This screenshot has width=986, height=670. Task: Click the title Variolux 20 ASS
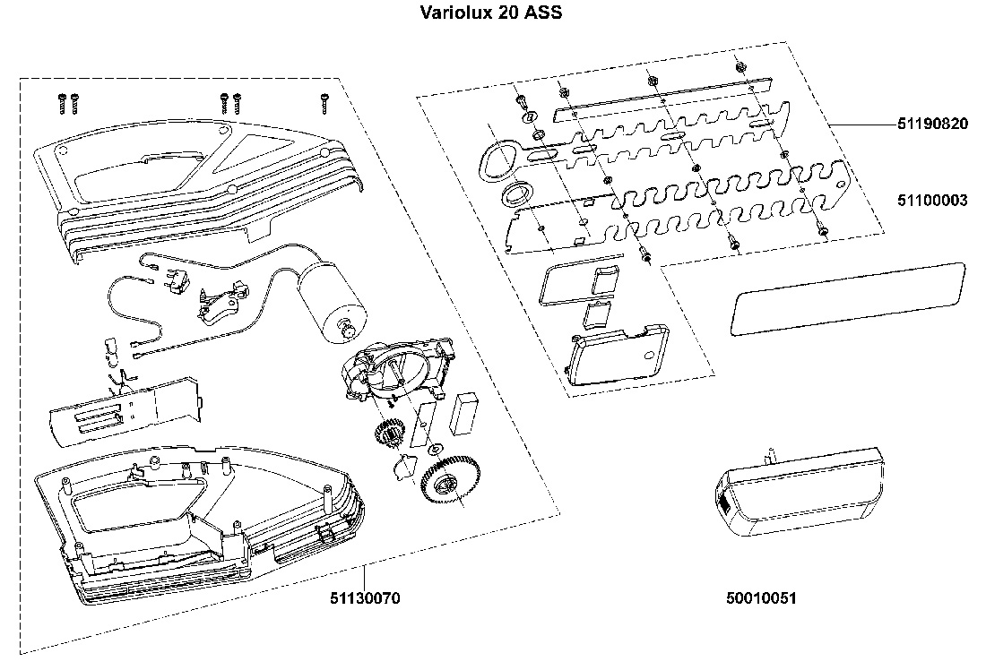click(491, 14)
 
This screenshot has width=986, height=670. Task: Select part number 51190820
click(932, 125)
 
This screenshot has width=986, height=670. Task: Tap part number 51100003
click(932, 201)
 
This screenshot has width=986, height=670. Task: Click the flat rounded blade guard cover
click(847, 298)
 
